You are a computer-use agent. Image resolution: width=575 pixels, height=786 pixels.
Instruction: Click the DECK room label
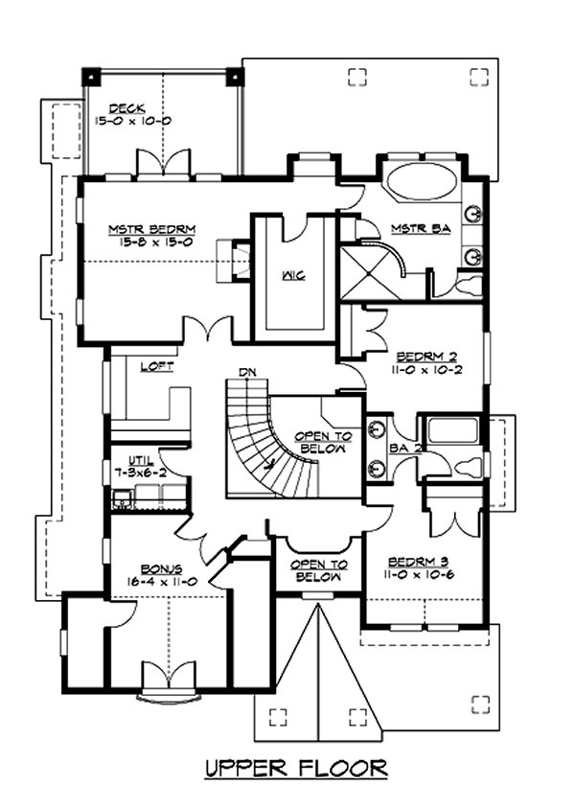(x=127, y=107)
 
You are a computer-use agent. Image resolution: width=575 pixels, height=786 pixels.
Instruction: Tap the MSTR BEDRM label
(x=152, y=230)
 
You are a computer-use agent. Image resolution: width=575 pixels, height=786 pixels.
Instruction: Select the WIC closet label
(x=293, y=275)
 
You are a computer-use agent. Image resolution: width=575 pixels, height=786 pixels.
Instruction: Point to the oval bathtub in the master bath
(x=422, y=182)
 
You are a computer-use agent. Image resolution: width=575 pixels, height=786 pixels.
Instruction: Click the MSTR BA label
(x=421, y=228)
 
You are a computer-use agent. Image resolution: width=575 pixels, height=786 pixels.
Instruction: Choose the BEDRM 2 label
(x=426, y=357)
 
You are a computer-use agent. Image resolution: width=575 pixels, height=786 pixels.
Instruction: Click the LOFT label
(x=157, y=366)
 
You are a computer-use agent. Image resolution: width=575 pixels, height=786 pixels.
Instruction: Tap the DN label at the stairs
(x=247, y=372)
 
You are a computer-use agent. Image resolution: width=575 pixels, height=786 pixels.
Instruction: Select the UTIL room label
(x=141, y=460)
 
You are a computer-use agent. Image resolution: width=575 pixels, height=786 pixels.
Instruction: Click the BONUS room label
(x=161, y=569)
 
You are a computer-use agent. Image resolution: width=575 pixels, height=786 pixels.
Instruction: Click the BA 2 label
(x=405, y=449)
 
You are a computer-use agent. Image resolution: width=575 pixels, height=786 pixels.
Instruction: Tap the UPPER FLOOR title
(x=296, y=769)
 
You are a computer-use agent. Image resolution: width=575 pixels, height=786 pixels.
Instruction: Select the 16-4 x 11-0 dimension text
(x=161, y=582)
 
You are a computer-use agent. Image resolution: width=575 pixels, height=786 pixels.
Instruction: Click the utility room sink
(x=122, y=497)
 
